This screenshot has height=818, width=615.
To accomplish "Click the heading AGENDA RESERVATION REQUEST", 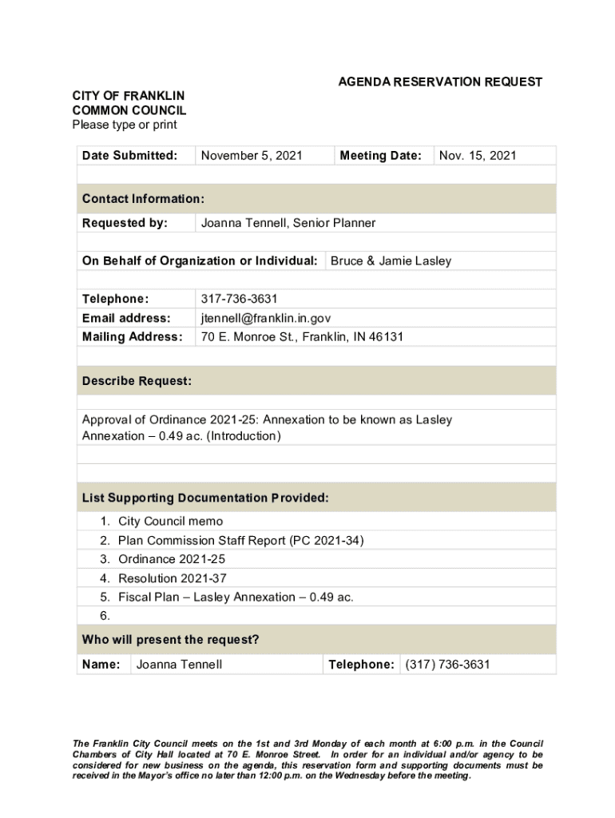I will click(x=440, y=82).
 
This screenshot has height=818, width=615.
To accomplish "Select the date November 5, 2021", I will click(x=252, y=156).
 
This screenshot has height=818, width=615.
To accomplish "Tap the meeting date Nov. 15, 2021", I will click(x=478, y=156).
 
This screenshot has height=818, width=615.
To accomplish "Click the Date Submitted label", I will click(x=129, y=156).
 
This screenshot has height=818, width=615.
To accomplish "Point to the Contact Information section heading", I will click(x=143, y=199).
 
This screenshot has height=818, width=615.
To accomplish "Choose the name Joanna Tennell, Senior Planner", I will click(x=288, y=223).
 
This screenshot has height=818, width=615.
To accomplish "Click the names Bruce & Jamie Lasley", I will click(x=391, y=261).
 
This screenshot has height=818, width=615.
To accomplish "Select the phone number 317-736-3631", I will click(x=239, y=299).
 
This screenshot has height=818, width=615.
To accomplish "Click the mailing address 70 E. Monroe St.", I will click(x=302, y=337).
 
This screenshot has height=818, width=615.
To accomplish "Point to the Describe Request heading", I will click(x=137, y=382).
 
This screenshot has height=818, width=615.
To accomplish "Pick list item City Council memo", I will click(x=170, y=522).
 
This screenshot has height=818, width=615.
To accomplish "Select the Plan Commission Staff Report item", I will click(x=240, y=541).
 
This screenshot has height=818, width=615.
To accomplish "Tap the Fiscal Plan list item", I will click(x=236, y=598).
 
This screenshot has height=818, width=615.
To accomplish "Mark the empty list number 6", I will click(x=105, y=616).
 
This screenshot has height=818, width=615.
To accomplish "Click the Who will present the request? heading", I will click(x=170, y=640).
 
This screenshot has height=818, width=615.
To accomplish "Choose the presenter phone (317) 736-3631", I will click(x=447, y=665).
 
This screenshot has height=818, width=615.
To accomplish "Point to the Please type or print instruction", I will click(x=124, y=125).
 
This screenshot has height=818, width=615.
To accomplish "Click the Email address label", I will click(x=126, y=318).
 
